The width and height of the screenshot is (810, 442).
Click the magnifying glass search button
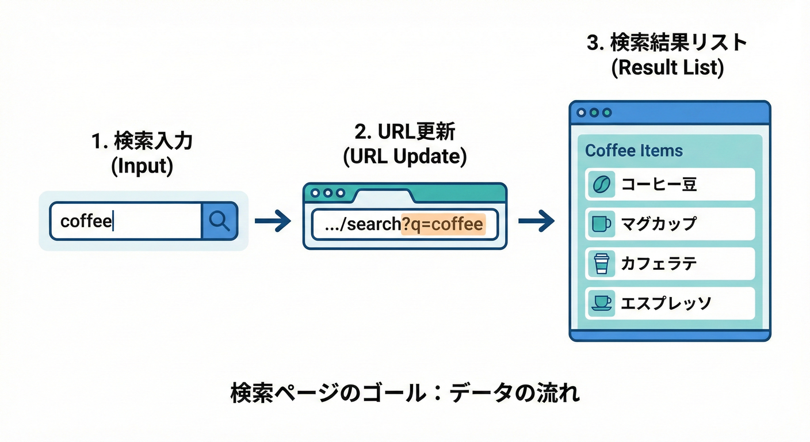[x=219, y=220]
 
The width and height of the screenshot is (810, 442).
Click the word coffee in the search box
[x=86, y=221]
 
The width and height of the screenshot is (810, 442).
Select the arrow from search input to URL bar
[x=273, y=221]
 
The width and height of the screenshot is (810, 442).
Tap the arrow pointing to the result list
[x=536, y=221]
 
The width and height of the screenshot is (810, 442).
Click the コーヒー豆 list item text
[x=659, y=184]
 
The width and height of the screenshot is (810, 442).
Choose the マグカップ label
[x=659, y=224]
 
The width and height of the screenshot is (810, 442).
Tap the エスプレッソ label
[x=666, y=303]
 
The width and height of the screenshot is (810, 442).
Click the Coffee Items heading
[x=633, y=151]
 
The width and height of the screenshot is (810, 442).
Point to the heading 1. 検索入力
[x=142, y=142]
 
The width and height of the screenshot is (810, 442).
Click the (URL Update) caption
[x=404, y=157]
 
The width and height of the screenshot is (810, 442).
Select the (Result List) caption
[x=667, y=67]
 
